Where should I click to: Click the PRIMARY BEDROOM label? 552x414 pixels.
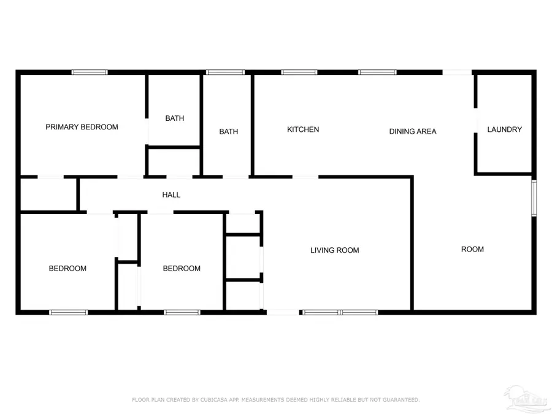[82, 127]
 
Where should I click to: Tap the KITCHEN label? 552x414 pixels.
[303, 129]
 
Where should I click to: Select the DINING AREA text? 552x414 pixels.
[413, 132]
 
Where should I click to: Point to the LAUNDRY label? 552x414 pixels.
[505, 129]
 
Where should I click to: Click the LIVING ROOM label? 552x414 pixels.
[335, 250]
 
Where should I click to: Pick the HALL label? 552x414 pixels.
[172, 194]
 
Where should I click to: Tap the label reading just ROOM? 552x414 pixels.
[472, 249]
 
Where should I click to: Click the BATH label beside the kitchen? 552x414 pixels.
[229, 132]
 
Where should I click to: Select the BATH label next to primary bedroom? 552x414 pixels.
[175, 118]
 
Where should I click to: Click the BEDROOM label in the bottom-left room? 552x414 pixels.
[67, 269]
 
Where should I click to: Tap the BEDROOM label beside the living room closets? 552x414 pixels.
[182, 269]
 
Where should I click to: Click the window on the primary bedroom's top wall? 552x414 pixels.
[90, 72]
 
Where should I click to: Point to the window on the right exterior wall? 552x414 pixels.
[534, 197]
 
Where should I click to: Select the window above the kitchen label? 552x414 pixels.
[299, 72]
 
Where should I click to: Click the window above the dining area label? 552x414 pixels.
[377, 72]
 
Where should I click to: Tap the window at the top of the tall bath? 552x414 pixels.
[225, 72]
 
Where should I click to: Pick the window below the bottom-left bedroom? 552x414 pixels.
[68, 312]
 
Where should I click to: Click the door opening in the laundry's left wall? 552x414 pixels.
[475, 120]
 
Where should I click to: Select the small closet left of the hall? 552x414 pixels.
[48, 194]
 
